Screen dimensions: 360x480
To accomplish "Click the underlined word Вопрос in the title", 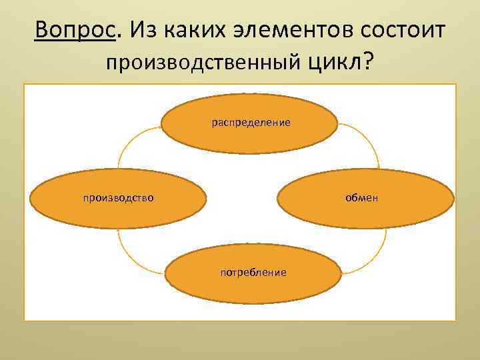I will pyautogui.click(x=75, y=30).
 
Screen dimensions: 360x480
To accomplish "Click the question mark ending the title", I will pyautogui.click(x=368, y=61).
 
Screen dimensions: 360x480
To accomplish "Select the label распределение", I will pyautogui.click(x=251, y=123).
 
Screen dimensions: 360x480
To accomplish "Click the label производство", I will pyautogui.click(x=119, y=197).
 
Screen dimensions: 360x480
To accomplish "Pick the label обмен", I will pyautogui.click(x=361, y=197).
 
